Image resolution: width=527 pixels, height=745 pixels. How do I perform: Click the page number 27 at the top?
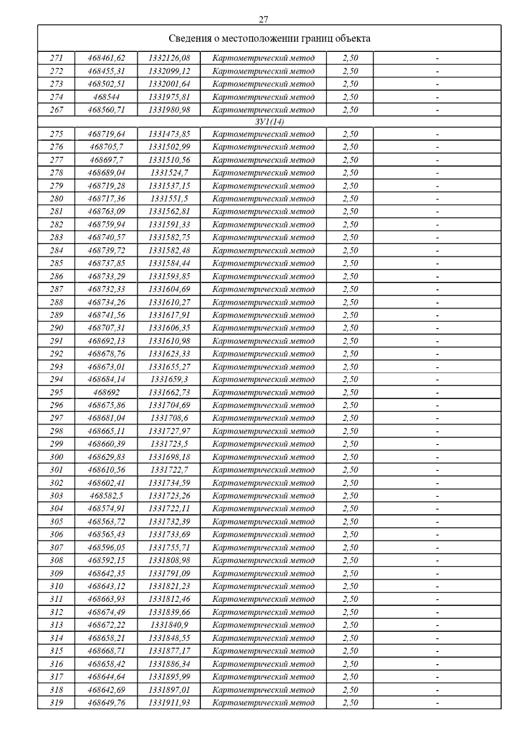[x=263, y=19]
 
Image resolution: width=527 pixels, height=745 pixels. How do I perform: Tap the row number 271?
[x=57, y=58]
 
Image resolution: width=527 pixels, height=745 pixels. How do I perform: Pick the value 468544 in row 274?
[x=106, y=97]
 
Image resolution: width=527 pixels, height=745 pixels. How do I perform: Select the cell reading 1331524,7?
[x=169, y=173]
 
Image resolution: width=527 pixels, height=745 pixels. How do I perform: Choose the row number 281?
[x=57, y=211]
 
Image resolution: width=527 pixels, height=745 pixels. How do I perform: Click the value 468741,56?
[x=106, y=315]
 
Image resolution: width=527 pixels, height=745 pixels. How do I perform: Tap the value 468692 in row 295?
[x=106, y=392]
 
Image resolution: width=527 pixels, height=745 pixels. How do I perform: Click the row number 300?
[x=57, y=457]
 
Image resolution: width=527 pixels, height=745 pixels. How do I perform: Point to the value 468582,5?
[x=106, y=495]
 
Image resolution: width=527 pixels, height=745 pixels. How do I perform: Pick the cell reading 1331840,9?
[x=169, y=625]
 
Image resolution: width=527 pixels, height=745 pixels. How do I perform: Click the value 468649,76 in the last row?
[x=106, y=702]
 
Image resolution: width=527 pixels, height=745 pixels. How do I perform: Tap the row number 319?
[x=57, y=702]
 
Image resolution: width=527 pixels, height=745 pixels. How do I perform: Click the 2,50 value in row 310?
[x=350, y=586]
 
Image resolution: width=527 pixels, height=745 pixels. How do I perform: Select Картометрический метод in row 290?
[x=263, y=328]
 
